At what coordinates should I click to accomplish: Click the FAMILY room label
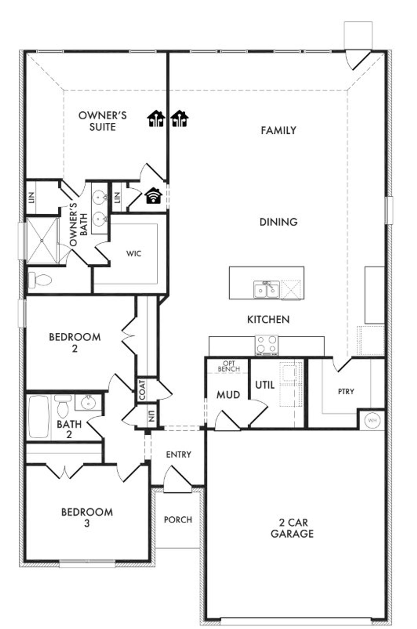pos(278,131)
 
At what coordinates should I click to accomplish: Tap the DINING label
pos(278,222)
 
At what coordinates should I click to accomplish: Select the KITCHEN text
pos(268,319)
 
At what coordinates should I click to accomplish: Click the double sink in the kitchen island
pos(266,289)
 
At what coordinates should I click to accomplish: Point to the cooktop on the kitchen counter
pos(266,345)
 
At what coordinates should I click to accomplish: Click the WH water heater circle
pos(372,420)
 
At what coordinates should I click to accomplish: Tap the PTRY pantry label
pos(346,391)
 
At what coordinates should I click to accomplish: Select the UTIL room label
pos(265,385)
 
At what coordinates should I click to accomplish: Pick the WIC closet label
pos(134,253)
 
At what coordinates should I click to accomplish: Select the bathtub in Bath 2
pos(39,416)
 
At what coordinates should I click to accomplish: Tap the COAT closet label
pos(142,390)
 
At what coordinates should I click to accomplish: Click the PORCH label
pos(178,520)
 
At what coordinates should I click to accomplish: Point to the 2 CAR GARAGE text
pos(292,528)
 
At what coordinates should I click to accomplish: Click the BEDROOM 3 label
pos(87,517)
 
